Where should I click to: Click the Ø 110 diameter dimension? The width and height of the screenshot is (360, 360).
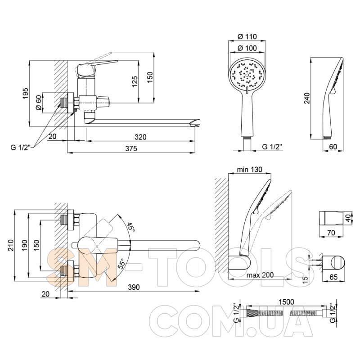[x=247, y=36]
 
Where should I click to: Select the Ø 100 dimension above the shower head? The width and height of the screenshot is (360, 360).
[x=247, y=48]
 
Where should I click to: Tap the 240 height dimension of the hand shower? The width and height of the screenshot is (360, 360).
[x=307, y=98]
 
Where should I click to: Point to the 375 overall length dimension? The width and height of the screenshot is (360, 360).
[x=131, y=148]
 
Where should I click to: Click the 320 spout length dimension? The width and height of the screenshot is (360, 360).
[x=140, y=137]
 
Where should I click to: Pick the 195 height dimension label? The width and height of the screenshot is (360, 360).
[x=26, y=94]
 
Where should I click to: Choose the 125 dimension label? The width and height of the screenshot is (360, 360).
[x=135, y=81]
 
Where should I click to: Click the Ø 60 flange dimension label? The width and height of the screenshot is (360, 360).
[x=39, y=103]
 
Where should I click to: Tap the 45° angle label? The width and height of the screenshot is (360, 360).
[x=130, y=227]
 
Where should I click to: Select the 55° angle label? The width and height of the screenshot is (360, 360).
[x=121, y=263]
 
